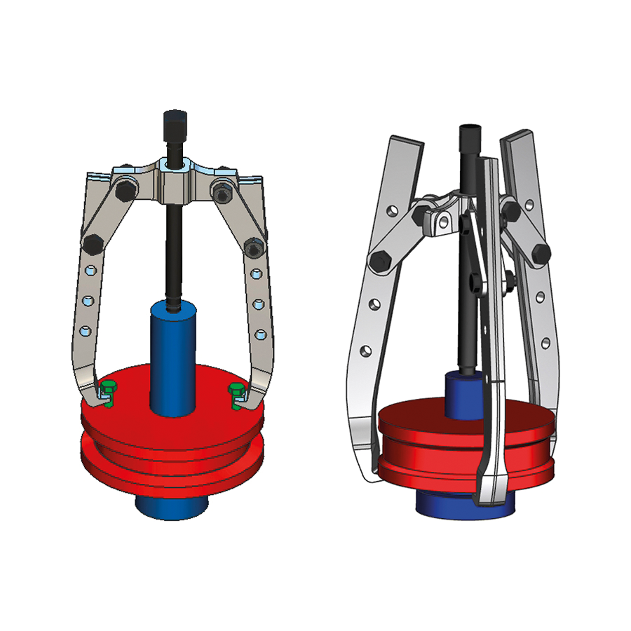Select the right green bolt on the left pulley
[236, 389]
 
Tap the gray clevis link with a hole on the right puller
[441, 222]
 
